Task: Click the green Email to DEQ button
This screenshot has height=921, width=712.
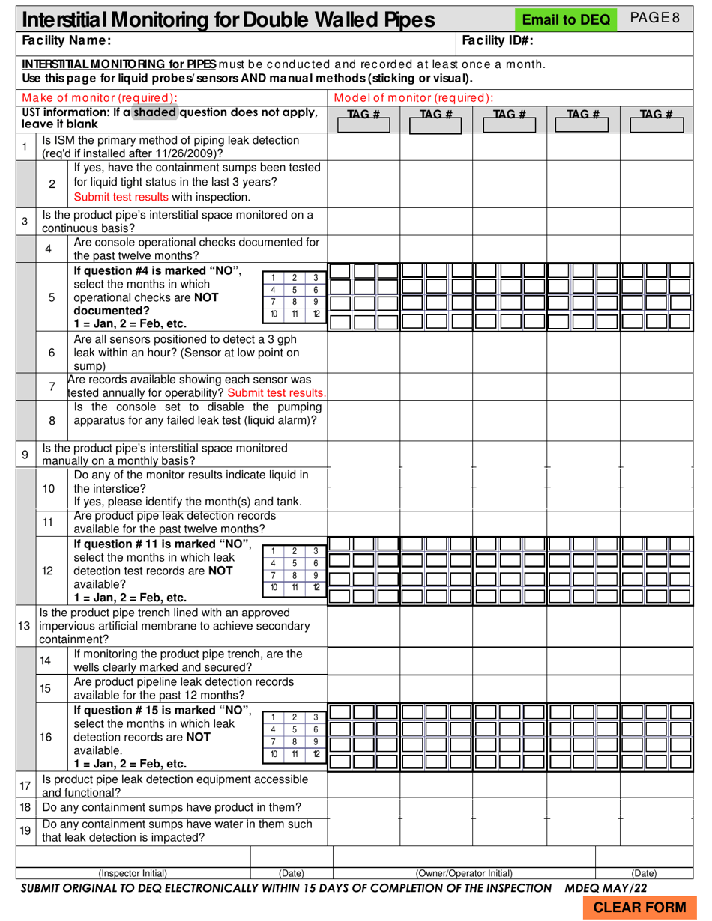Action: click(566, 20)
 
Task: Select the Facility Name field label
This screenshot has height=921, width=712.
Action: click(67, 40)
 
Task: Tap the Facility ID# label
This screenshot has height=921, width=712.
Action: click(498, 40)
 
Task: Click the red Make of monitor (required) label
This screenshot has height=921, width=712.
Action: click(100, 97)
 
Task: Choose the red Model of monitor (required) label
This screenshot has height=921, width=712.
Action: click(414, 97)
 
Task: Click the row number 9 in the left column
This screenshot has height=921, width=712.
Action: click(25, 455)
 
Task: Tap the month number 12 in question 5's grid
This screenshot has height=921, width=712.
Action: click(316, 314)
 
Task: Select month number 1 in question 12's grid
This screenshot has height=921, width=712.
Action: click(274, 551)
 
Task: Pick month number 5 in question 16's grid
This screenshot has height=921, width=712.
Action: click(295, 729)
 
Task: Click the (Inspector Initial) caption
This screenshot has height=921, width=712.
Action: click(133, 873)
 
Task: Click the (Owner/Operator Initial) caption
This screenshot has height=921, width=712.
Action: click(464, 873)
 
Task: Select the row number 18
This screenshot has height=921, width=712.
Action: click(25, 807)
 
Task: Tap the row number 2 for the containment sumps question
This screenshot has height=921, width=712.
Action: click(52, 183)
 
